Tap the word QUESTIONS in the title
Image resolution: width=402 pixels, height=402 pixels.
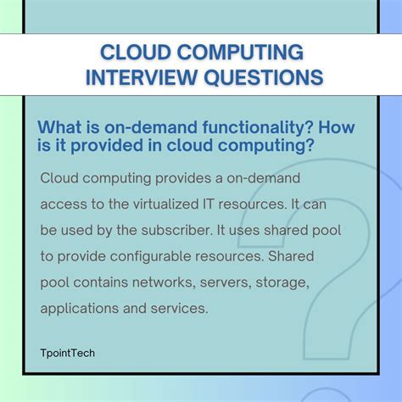259,77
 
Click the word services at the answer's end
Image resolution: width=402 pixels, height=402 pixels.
181,310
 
